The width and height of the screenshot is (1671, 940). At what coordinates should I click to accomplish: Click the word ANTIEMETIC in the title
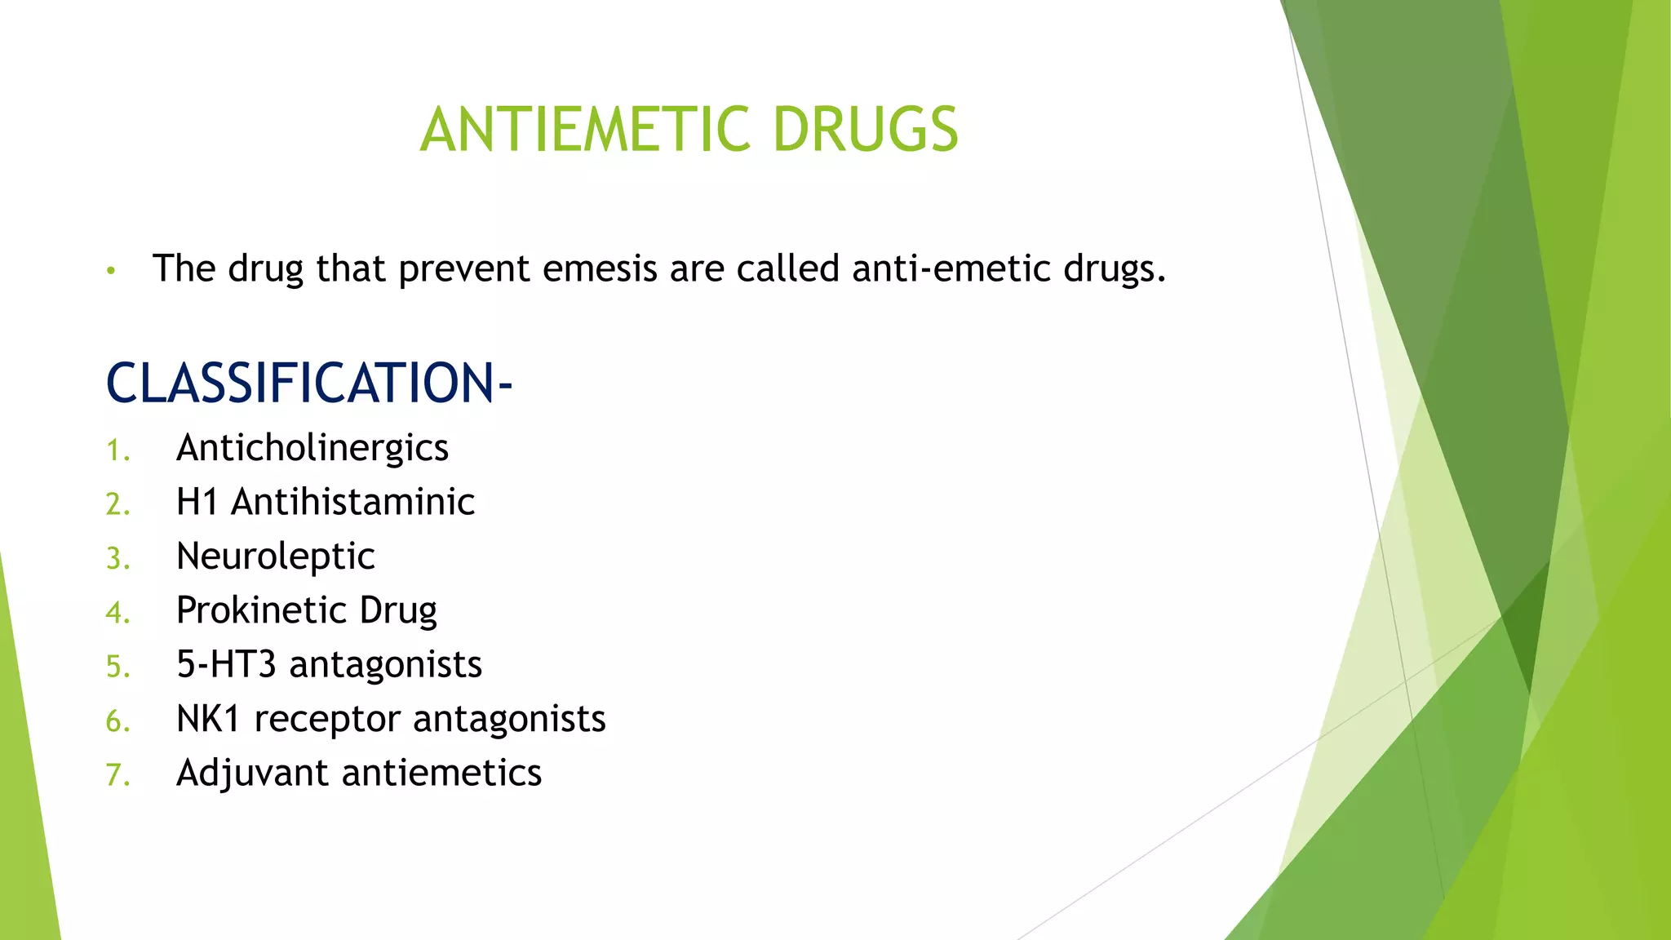584,130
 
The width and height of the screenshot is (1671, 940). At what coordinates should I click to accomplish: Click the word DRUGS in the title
865,130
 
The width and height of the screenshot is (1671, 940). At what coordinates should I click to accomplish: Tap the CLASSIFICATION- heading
308,383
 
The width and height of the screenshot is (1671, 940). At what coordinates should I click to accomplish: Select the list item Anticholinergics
312,448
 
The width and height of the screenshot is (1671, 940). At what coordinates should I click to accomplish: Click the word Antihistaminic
352,502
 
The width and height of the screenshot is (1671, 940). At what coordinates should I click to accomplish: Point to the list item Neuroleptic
275,556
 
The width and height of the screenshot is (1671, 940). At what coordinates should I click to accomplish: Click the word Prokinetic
260,610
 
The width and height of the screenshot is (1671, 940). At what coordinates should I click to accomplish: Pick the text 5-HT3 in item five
226,664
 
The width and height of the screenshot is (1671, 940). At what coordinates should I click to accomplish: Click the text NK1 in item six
208,719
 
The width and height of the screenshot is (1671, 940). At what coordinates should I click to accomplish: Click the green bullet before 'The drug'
112,271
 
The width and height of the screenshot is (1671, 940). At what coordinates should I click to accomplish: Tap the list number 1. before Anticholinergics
117,450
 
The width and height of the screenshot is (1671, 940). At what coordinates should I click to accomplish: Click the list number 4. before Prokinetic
117,613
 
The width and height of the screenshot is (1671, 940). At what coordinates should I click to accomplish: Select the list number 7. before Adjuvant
117,775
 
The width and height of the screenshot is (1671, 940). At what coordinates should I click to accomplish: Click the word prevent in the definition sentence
464,270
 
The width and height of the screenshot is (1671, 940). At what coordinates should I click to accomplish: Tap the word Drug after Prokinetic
398,611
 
